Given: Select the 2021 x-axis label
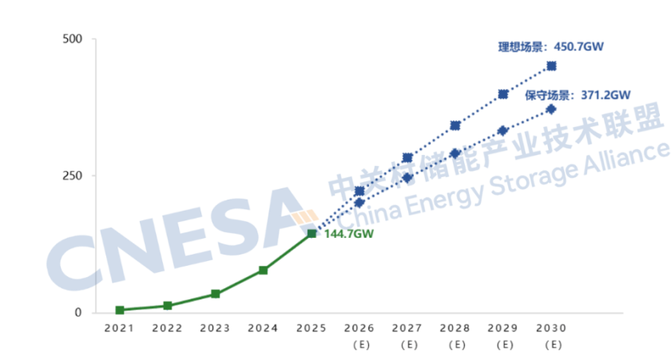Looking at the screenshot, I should [119, 328].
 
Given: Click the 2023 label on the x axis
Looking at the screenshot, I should [215, 328].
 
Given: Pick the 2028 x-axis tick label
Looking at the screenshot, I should [455, 328].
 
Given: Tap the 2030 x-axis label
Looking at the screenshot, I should [551, 328].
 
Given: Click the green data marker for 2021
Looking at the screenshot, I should [120, 310].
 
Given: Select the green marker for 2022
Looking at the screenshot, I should [168, 306].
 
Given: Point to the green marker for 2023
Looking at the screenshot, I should [216, 294].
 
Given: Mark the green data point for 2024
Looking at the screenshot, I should [264, 271].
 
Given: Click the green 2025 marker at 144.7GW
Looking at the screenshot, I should [312, 233].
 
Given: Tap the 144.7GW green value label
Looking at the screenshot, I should [349, 234].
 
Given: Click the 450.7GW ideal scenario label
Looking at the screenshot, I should [550, 47].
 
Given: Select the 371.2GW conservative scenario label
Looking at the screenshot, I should [578, 95].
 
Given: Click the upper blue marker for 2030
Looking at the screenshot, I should [551, 65].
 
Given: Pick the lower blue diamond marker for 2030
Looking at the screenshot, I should [551, 109].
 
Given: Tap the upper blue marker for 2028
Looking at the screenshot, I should [455, 125].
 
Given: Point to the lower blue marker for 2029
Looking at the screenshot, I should [503, 130].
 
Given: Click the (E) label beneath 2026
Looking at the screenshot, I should [359, 345].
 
